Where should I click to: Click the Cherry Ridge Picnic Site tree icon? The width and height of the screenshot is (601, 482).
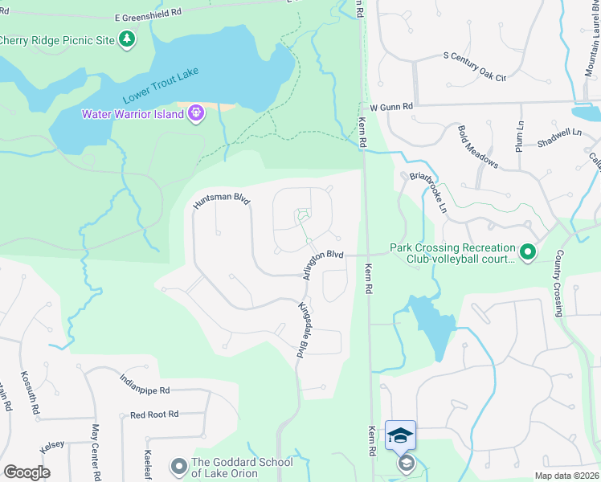tap(126, 39)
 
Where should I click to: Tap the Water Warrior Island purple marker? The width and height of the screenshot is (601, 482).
tap(195, 114)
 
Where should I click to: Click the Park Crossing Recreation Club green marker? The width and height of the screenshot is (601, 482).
tap(528, 254)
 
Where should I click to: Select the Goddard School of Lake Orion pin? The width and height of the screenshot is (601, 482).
tap(178, 465)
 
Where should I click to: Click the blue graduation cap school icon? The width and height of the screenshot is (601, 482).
tap(400, 435)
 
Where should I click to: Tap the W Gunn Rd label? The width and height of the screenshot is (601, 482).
tap(390, 106)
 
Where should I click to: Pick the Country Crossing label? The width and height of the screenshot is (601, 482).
tap(556, 286)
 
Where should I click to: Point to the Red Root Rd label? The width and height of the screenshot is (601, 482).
tap(154, 415)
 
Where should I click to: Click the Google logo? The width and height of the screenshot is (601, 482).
tap(27, 472)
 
